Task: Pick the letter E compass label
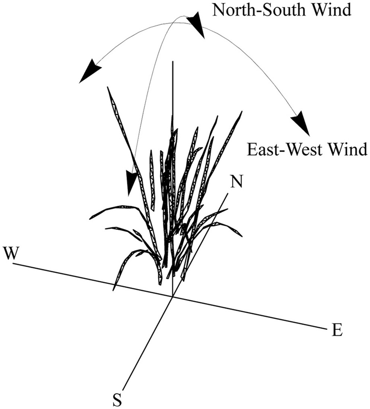pos(336,330)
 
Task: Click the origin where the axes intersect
pos(172,296)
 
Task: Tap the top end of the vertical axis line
pos(173,62)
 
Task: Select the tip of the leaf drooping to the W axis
pos(114,290)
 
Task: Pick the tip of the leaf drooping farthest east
pos(242,236)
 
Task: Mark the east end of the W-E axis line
pos(324,328)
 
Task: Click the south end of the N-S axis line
pos(123,388)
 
